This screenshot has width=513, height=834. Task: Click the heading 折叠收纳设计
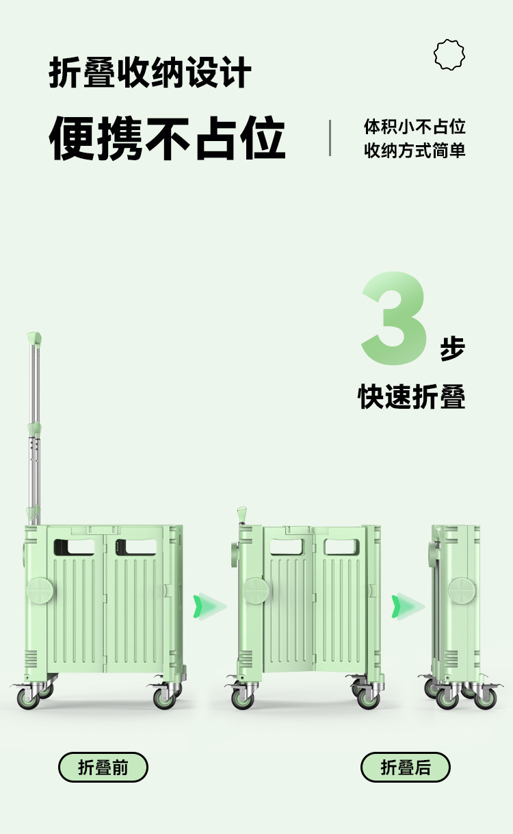coord(150,73)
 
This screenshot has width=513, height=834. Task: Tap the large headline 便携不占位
coord(167,138)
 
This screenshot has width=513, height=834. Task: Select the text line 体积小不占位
coord(415,127)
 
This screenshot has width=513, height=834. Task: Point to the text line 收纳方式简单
coord(415,151)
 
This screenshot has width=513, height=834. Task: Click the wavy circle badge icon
coord(449,55)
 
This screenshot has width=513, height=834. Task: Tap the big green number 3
coord(395,318)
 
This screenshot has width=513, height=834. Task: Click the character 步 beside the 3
coord(452,349)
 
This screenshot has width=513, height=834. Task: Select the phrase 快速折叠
coord(412,396)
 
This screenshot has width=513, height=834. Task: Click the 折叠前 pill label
coord(103,767)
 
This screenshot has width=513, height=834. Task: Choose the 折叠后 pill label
coord(406,767)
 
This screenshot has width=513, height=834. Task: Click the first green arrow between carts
coord(209,605)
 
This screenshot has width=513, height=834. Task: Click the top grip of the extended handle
coord(34,338)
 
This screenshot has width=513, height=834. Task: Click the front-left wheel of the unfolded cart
coord(28,698)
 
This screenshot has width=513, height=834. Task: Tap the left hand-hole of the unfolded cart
coord(74,546)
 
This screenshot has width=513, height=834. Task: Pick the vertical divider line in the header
coord(330,138)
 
